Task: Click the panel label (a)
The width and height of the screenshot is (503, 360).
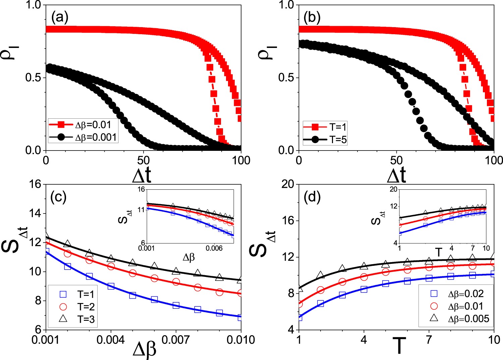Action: pyautogui.click(x=60, y=17)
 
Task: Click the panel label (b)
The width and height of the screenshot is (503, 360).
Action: pyautogui.click(x=312, y=17)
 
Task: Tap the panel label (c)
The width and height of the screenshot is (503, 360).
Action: pyautogui.click(x=58, y=197)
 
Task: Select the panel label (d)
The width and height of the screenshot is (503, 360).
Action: pyautogui.click(x=312, y=197)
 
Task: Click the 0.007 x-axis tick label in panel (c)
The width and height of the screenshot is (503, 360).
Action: pyautogui.click(x=176, y=340)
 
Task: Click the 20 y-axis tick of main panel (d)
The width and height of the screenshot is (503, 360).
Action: pyautogui.click(x=288, y=184)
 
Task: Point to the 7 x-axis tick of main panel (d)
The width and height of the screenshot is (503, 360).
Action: pyautogui.click(x=429, y=340)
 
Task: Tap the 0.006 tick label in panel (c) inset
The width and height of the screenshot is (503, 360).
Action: pyautogui.click(x=214, y=248)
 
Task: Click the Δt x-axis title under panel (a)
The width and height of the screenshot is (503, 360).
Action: pyautogui.click(x=142, y=175)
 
